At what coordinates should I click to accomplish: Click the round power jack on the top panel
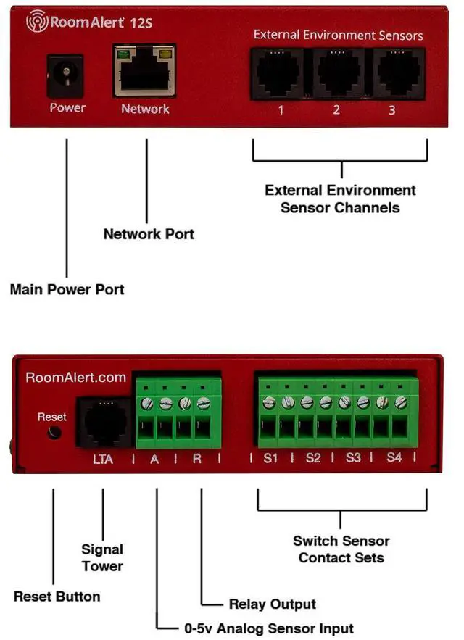pos(65,76)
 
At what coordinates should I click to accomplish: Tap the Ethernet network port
pos(145,70)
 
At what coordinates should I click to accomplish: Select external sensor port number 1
pos(278,74)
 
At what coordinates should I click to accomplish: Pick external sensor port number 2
pos(338,74)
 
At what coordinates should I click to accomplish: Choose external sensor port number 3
pos(398,74)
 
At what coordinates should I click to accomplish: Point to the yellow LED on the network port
pos(165,54)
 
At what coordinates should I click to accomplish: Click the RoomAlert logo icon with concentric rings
pos(37,21)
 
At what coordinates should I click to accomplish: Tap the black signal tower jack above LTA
pos(105,422)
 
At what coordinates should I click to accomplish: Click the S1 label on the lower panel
pos(270,458)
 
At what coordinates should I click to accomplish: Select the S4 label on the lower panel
pos(394,457)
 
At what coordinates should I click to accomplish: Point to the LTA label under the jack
pos(103,460)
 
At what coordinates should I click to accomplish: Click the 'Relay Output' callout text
pos(273,604)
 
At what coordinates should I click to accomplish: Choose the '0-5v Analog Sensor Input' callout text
pos(269,628)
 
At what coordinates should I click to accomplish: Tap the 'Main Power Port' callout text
pos(67,289)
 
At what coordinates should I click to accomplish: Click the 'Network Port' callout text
pos(149,234)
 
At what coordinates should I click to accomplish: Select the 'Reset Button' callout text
pos(57,597)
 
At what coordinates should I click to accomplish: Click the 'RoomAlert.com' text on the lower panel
pos(76,377)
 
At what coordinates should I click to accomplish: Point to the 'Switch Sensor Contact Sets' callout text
pos(341,549)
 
